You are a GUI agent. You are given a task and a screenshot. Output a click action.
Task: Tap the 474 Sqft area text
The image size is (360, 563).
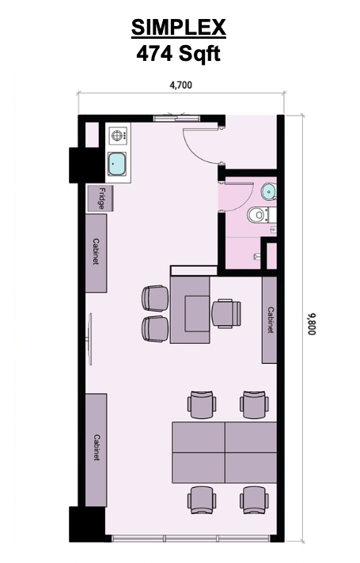pos(179,54)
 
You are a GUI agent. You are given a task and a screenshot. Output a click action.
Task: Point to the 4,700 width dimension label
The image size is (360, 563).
pos(180,85)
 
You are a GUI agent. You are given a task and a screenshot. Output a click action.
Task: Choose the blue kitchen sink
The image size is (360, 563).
pos(119,164)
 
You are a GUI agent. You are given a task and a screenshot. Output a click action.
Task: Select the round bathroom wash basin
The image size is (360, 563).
pos(269,191)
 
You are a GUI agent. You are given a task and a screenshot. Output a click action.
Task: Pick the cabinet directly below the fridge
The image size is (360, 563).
pos(97,252)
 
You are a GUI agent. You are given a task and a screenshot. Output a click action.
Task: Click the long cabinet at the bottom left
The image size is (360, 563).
pos(97,448)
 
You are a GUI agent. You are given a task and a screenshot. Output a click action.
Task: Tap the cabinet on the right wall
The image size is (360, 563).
pos(270,320)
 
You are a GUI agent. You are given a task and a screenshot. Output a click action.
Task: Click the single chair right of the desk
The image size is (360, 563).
pos(225,312)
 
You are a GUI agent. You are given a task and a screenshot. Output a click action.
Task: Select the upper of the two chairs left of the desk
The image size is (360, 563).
pos(154,298)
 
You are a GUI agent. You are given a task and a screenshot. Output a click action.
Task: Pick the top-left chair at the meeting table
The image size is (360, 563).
pos(201,405)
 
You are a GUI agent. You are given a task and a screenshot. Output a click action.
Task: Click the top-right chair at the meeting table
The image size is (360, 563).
pos(254,405)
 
